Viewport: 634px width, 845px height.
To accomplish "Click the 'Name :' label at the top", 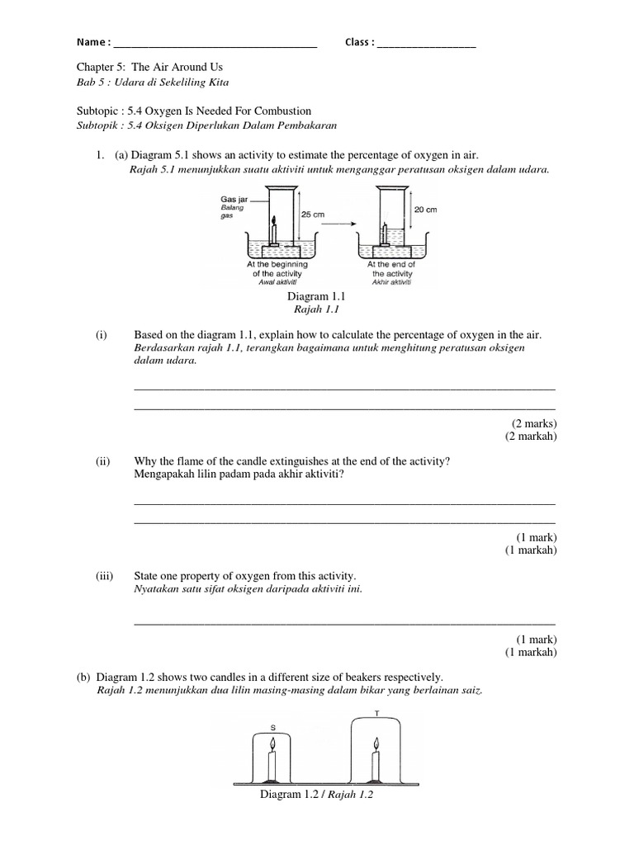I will coord(93,43).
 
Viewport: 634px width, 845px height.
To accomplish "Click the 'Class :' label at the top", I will coord(360,43).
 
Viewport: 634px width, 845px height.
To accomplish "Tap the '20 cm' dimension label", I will coord(425,210).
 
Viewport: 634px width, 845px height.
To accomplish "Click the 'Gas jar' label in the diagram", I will coord(234,200).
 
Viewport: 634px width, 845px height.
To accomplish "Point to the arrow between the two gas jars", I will coord(340,222).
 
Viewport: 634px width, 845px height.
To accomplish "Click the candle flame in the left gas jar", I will coord(275,220).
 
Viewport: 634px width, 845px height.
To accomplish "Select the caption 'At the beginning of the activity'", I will coord(277,269).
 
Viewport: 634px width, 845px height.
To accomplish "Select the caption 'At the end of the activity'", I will coord(391,269).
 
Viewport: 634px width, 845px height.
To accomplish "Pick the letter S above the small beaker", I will coord(273,727).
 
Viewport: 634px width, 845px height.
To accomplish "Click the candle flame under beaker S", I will coord(272,747).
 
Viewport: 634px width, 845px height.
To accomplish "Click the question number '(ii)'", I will coord(102,462).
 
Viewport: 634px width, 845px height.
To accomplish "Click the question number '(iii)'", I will coord(104,574).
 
